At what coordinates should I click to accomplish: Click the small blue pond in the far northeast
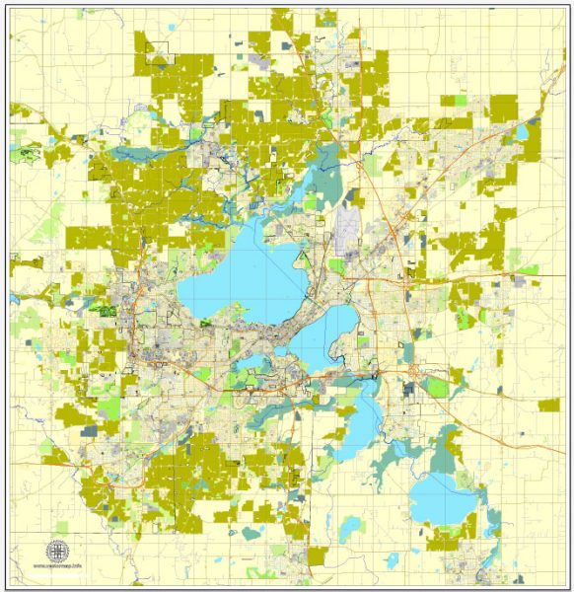[x=523, y=131]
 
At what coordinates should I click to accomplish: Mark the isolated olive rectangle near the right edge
[x=549, y=405]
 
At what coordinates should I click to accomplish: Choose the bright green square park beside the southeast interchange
[x=437, y=386]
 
